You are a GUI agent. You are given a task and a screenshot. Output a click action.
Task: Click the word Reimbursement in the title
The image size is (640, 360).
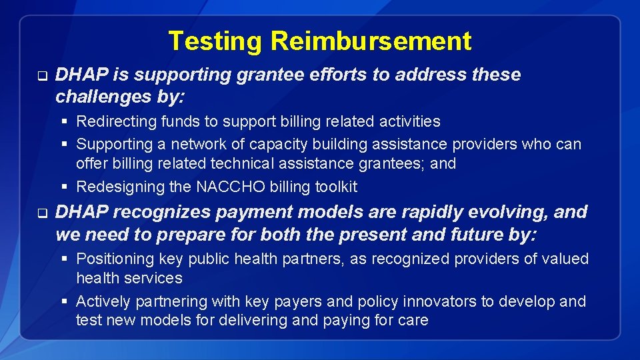(371, 41)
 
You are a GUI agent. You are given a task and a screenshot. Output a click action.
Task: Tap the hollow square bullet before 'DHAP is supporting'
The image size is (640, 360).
(41, 75)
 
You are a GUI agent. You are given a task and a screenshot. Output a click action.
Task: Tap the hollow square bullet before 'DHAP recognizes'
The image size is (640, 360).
(41, 213)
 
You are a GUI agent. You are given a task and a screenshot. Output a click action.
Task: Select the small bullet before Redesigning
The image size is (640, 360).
(65, 187)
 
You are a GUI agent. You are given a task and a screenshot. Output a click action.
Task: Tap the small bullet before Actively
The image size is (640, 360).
(65, 301)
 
